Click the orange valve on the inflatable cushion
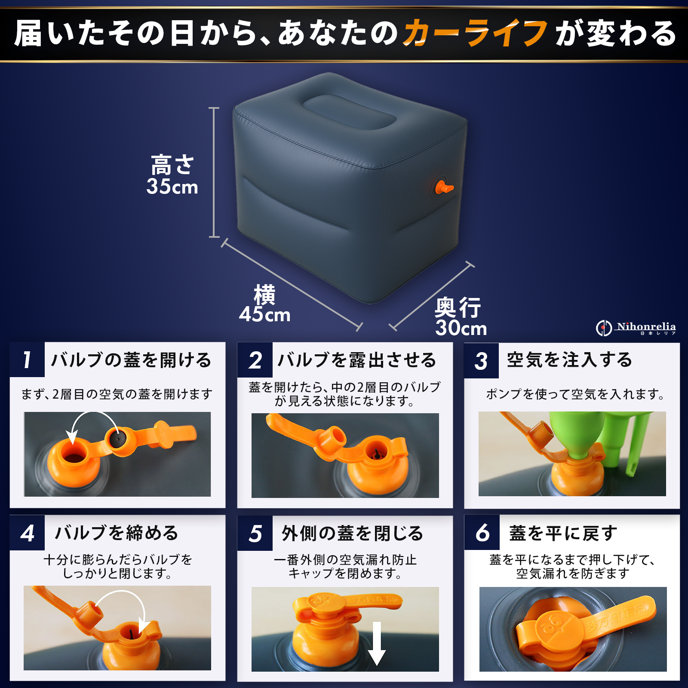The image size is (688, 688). pyautogui.click(x=443, y=187)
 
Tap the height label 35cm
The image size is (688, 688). pyautogui.click(x=172, y=187)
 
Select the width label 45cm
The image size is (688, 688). pyautogui.click(x=265, y=314)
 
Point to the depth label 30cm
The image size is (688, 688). pyautogui.click(x=461, y=328)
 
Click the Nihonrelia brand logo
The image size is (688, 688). pyautogui.click(x=636, y=328)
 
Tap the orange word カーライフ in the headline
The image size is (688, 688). pyautogui.click(x=475, y=33)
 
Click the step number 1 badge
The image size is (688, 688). pyautogui.click(x=27, y=360)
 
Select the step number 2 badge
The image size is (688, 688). pyautogui.click(x=255, y=360)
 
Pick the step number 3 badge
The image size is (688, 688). pyautogui.click(x=482, y=360)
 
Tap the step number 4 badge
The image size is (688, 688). pyautogui.click(x=27, y=533)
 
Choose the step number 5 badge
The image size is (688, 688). pyautogui.click(x=255, y=533)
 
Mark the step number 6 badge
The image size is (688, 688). pyautogui.click(x=482, y=532)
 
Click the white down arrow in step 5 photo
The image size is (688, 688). pyautogui.click(x=377, y=643)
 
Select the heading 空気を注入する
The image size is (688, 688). pyautogui.click(x=570, y=360)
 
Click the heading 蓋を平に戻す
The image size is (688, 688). pyautogui.click(x=563, y=533)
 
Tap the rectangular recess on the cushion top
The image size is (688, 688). pyautogui.click(x=349, y=111)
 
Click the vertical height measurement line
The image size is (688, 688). pyautogui.click(x=214, y=172)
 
